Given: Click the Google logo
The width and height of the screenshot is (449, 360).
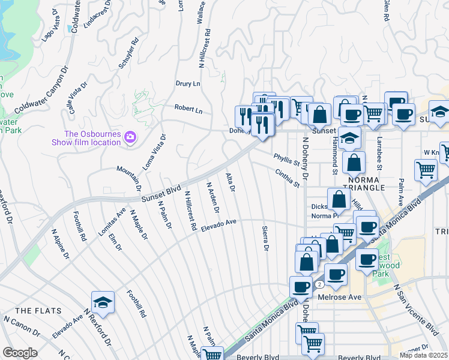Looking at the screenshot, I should pos(20,353).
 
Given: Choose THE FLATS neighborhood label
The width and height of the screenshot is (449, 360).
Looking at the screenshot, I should pos(34,310).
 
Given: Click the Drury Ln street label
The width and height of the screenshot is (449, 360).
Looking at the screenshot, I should pos(187,84).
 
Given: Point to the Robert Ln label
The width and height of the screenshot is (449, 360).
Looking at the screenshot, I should pos(188,110).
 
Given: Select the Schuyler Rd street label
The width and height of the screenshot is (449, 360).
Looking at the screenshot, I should pos(128,53).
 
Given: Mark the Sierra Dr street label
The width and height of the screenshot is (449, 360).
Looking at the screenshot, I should pos(265,238).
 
